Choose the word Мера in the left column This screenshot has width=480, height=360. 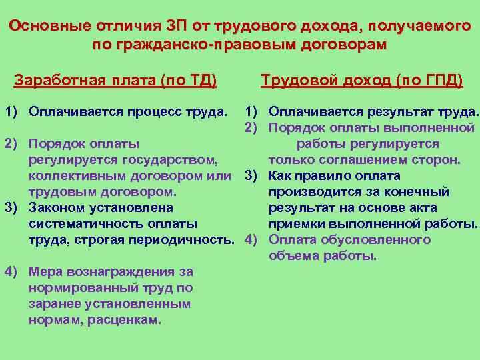(x=47, y=272)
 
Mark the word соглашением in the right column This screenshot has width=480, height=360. (x=363, y=160)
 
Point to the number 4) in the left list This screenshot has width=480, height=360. (x=11, y=272)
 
